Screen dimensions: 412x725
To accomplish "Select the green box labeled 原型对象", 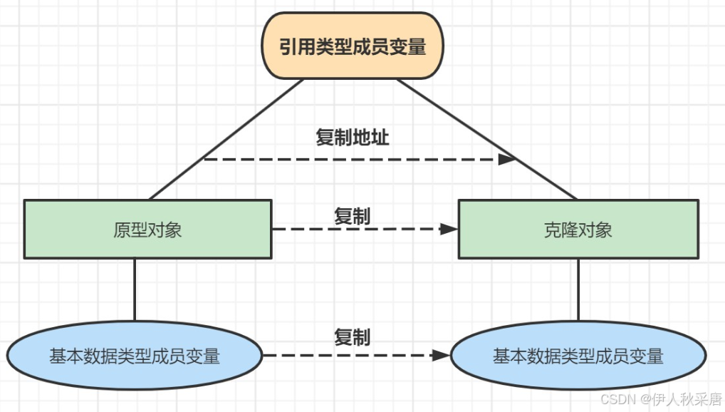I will (147, 229).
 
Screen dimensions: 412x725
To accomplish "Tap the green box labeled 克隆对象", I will (578, 229).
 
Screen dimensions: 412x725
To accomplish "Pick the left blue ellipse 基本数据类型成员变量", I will (135, 356).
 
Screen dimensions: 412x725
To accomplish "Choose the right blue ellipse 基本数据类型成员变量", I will (578, 356).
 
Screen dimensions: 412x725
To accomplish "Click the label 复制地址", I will (353, 138).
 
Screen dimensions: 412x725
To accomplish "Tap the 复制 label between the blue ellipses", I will (353, 337).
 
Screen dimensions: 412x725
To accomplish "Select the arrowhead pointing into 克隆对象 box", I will (449, 229).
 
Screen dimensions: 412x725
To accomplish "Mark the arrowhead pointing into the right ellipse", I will (442, 355).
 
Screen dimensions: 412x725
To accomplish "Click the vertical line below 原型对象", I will (135, 289).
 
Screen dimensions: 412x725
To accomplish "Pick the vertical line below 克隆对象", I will (578, 289).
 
